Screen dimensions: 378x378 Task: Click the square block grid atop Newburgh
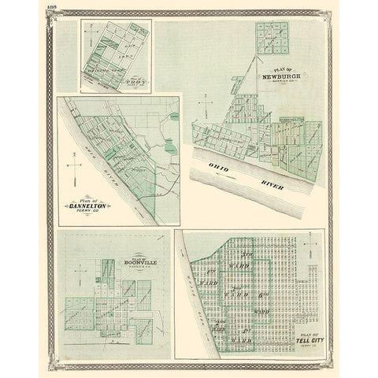(x=271, y=39)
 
